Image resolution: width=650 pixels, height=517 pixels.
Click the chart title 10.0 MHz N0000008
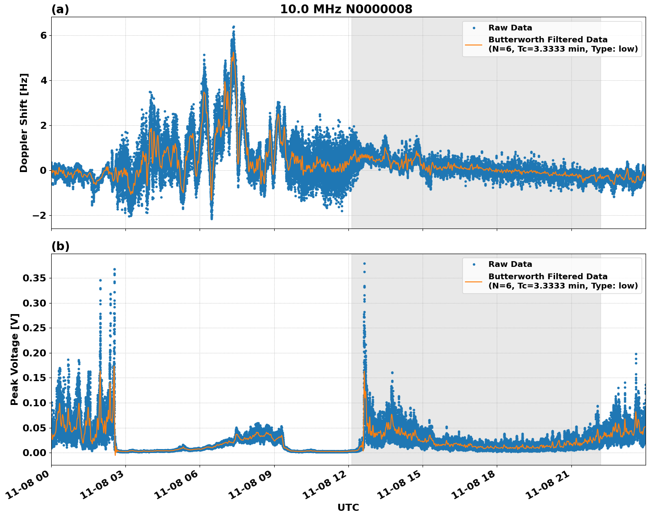(x=346, y=9)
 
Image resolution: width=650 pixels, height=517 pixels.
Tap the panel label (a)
(x=60, y=9)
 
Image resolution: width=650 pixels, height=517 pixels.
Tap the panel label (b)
(x=60, y=246)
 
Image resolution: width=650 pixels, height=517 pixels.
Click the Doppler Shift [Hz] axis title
(x=24, y=123)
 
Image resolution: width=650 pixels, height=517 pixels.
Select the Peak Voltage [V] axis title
(x=15, y=359)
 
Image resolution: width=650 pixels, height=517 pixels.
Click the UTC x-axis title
(x=348, y=507)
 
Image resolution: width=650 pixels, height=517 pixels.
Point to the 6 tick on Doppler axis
(x=43, y=35)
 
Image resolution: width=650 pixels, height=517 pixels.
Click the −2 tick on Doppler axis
(x=39, y=215)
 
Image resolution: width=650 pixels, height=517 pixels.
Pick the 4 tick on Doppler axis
(x=43, y=80)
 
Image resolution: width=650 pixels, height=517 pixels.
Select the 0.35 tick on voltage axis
(x=34, y=278)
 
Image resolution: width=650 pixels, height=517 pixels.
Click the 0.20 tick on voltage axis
(x=34, y=353)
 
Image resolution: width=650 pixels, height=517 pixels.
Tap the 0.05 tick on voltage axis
(x=34, y=428)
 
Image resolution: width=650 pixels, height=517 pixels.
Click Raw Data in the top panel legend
(x=510, y=28)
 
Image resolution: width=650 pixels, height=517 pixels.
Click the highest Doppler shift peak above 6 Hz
(x=234, y=27)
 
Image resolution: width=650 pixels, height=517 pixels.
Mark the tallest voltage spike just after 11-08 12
(x=364, y=264)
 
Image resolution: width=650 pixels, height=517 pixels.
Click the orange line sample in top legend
(x=474, y=44)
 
